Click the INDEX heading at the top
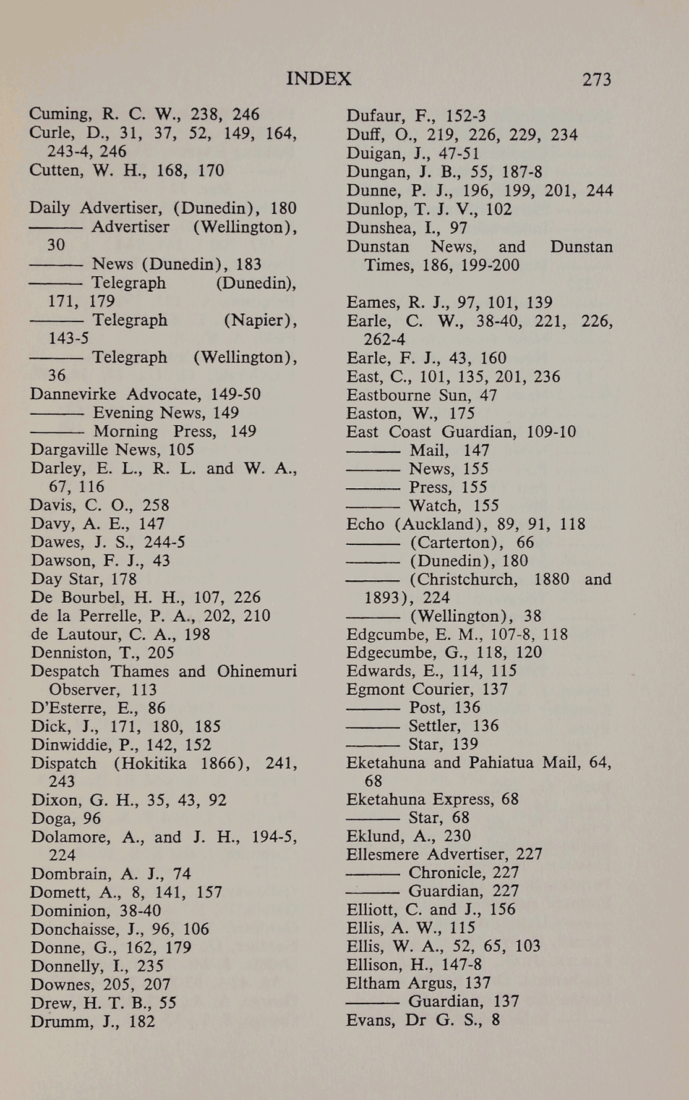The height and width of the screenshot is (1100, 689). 319,78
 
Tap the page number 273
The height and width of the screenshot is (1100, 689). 596,79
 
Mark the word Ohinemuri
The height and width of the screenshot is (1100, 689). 257,671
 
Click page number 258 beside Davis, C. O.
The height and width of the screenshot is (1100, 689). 155,505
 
